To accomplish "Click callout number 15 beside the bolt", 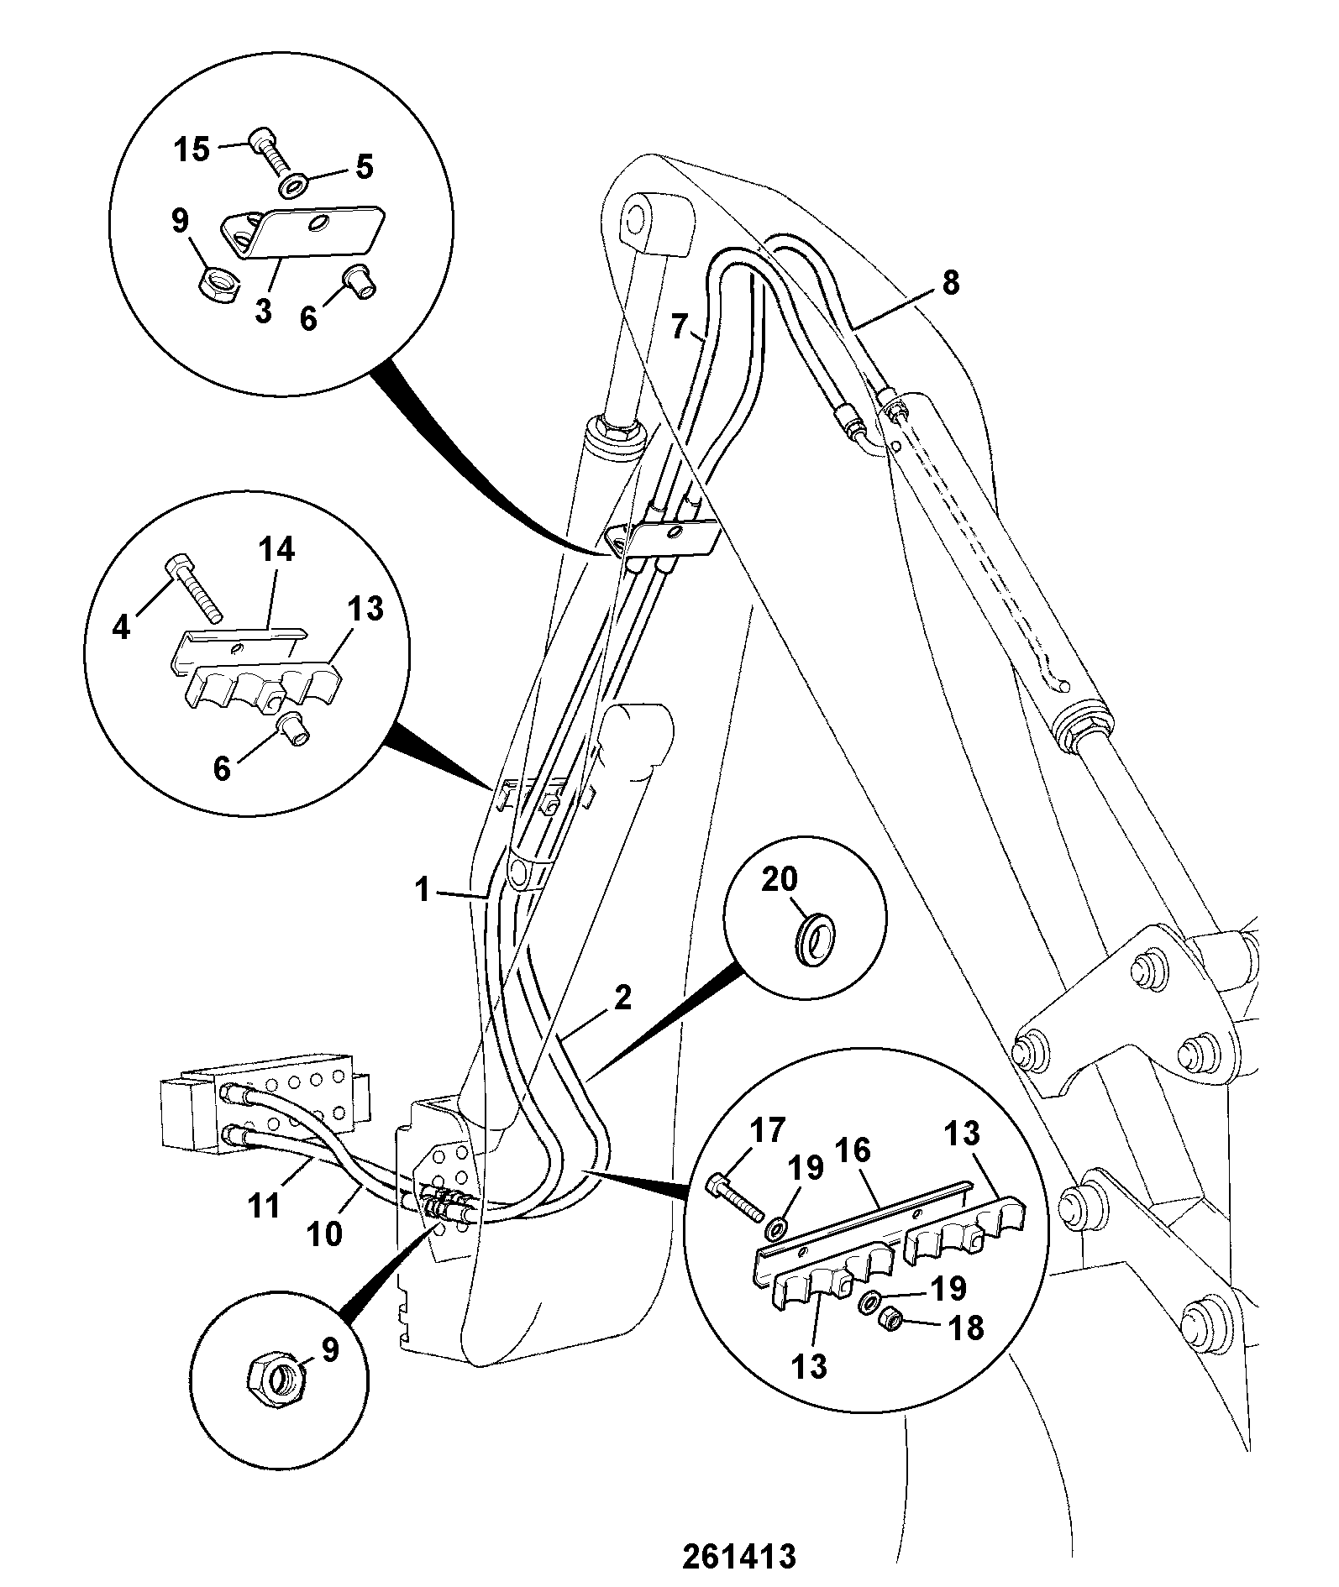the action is [192, 150].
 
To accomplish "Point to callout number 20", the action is [780, 881].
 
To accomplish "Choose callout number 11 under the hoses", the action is [264, 1206].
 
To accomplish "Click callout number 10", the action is [325, 1233].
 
